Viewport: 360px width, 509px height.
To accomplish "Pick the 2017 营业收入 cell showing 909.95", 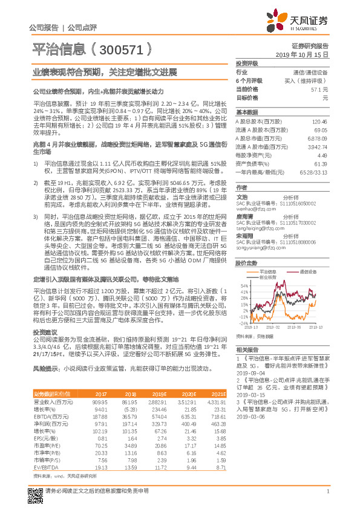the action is coord(99,401).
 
